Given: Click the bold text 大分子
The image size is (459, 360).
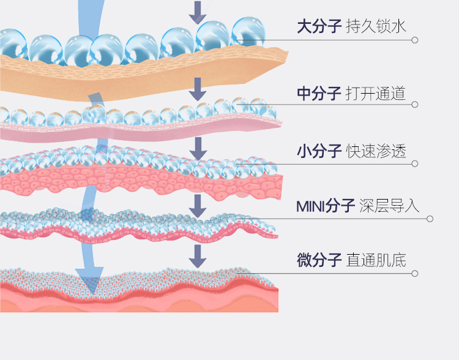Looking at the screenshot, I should click(318, 26).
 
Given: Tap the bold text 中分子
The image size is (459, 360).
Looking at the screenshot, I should click(318, 93).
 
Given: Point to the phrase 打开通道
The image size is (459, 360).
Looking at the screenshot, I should click(376, 93).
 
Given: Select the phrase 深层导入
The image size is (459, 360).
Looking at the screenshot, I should click(390, 206).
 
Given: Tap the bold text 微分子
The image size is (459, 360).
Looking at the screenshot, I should click(318, 260).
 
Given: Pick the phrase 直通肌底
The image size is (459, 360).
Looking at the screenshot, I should click(376, 260).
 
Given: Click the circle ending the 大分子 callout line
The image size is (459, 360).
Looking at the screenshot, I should click(415, 40).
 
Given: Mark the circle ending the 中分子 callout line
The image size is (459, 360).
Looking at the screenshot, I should click(415, 105).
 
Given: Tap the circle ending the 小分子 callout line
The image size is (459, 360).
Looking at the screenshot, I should click(415, 163).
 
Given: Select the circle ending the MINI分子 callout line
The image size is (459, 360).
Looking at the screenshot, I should click(430, 219).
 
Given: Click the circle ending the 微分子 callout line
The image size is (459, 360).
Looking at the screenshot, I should click(415, 273).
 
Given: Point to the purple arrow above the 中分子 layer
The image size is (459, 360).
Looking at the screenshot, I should click(196, 89).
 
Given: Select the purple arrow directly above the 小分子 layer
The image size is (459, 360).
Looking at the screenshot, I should click(196, 148).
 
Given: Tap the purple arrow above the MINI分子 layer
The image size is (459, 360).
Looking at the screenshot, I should click(196, 205).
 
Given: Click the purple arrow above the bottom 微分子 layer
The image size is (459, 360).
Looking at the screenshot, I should click(196, 256).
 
